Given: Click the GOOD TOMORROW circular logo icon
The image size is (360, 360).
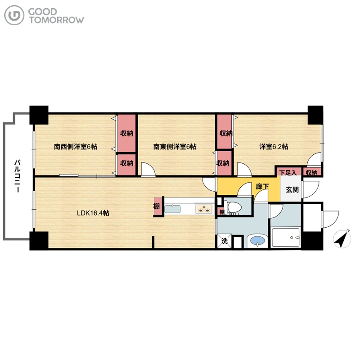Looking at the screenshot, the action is (14, 15).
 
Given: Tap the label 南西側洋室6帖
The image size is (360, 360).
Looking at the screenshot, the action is (76, 147).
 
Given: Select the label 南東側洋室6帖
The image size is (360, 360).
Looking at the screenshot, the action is (175, 147).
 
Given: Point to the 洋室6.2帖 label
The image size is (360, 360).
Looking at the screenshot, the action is (274, 147).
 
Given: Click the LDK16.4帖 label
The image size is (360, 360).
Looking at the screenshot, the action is (93, 213).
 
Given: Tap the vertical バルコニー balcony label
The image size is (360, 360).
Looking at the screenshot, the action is (18, 176).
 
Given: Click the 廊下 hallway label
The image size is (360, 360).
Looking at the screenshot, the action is (262, 186).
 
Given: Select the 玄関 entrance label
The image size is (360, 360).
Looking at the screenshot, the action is (292, 189).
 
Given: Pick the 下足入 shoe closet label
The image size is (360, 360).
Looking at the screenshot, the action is (288, 172).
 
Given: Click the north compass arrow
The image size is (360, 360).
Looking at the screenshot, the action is (342, 239).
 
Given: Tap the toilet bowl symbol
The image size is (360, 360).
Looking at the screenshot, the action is (233, 207).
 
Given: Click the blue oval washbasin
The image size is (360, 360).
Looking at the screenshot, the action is (257, 240).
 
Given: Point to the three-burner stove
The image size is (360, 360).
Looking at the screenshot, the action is (203, 209).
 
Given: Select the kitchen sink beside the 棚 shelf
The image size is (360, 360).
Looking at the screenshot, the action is (172, 209).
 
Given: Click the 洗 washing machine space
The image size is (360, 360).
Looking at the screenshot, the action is (224, 241).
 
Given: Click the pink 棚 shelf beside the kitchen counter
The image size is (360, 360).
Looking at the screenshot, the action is (157, 206).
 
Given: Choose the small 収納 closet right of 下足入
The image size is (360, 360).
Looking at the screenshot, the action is (311, 172).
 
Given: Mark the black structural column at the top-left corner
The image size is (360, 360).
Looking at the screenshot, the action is (39, 115).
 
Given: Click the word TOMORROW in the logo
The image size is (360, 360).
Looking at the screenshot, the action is (57, 20).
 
